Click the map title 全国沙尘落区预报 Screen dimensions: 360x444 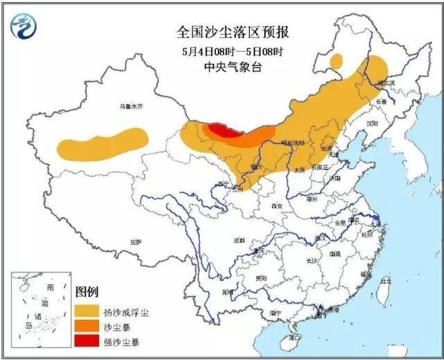pyautogui.click(x=223, y=33)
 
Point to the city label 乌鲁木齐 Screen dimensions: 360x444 pyautogui.click(x=130, y=106)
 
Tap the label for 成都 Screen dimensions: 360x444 pyautogui.click(x=239, y=240)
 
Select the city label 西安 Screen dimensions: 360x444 pyautogui.click(x=277, y=205)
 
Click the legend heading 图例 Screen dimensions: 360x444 pyautogui.click(x=86, y=292)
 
